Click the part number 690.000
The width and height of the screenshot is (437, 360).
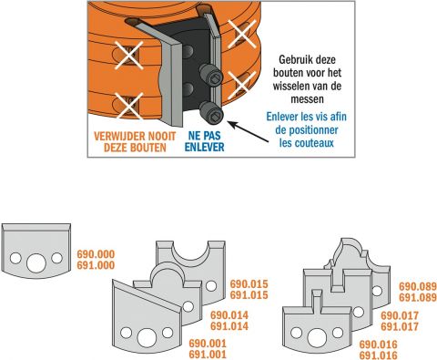coord(96,254)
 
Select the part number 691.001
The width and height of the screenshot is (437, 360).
coord(208,355)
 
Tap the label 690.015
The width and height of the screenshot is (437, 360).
coord(249,284)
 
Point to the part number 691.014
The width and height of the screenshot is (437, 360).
coord(229,326)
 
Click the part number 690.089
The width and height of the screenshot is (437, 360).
coord(418,286)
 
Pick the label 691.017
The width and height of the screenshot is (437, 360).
coord(400,327)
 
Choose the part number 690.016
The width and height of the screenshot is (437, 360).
coord(378,345)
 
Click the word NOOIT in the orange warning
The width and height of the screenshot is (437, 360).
coord(160,136)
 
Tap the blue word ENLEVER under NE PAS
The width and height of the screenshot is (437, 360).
coord(205,147)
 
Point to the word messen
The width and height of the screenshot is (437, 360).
coord(307,99)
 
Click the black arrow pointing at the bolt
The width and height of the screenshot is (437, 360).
coord(248,131)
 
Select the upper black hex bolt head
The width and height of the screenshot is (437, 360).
coord(211,76)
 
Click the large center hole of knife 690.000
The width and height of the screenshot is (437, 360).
coord(36,262)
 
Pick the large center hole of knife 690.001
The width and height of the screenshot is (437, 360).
coord(147,337)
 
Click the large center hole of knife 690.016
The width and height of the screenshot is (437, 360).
coord(317,338)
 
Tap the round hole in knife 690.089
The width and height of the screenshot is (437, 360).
coord(377,291)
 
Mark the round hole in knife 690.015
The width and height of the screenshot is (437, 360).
coord(211,286)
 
